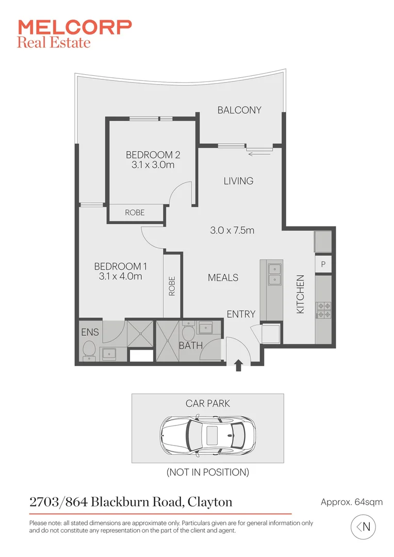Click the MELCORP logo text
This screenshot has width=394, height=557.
(x=75, y=27)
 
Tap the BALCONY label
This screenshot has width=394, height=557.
(x=239, y=110)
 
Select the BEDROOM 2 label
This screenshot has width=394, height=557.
(x=153, y=154)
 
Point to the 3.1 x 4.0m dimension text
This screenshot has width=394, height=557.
(x=120, y=276)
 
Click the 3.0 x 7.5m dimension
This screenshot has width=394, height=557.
(x=232, y=231)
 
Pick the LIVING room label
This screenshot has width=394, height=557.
(x=238, y=181)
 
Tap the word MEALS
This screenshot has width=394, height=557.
(x=223, y=277)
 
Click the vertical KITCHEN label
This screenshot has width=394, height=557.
(x=301, y=294)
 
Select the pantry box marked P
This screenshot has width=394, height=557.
(x=323, y=265)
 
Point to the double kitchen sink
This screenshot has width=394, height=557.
(x=273, y=274)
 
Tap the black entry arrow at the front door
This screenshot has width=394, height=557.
(x=238, y=366)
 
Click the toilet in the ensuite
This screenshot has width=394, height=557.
(x=88, y=349)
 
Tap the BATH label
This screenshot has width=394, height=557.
(x=190, y=346)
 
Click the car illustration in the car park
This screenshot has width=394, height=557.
(x=207, y=434)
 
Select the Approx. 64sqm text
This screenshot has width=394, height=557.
(x=351, y=502)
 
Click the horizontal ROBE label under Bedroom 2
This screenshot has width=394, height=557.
(x=135, y=212)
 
